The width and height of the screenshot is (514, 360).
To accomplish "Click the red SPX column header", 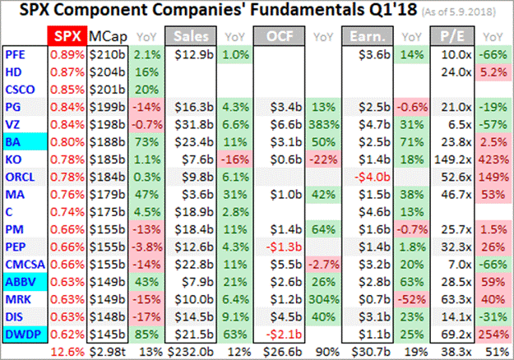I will [x=67, y=37].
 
